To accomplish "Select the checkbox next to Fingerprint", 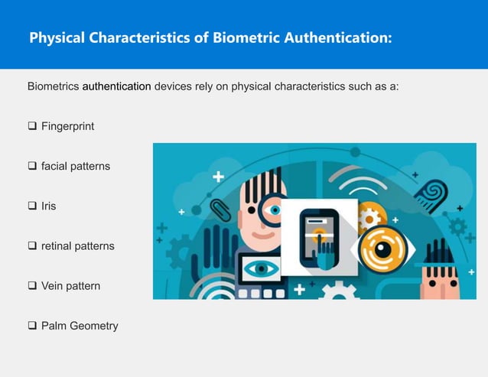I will (32, 126).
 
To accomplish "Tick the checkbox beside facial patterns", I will (32, 166).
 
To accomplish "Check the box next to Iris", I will (32, 206).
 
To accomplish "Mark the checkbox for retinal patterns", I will (32, 246).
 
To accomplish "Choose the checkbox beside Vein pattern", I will (32, 286).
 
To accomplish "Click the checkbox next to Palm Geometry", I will (32, 326).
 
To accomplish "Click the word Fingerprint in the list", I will (67, 126).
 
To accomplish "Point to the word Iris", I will (48, 206).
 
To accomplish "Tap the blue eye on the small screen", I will (259, 268).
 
